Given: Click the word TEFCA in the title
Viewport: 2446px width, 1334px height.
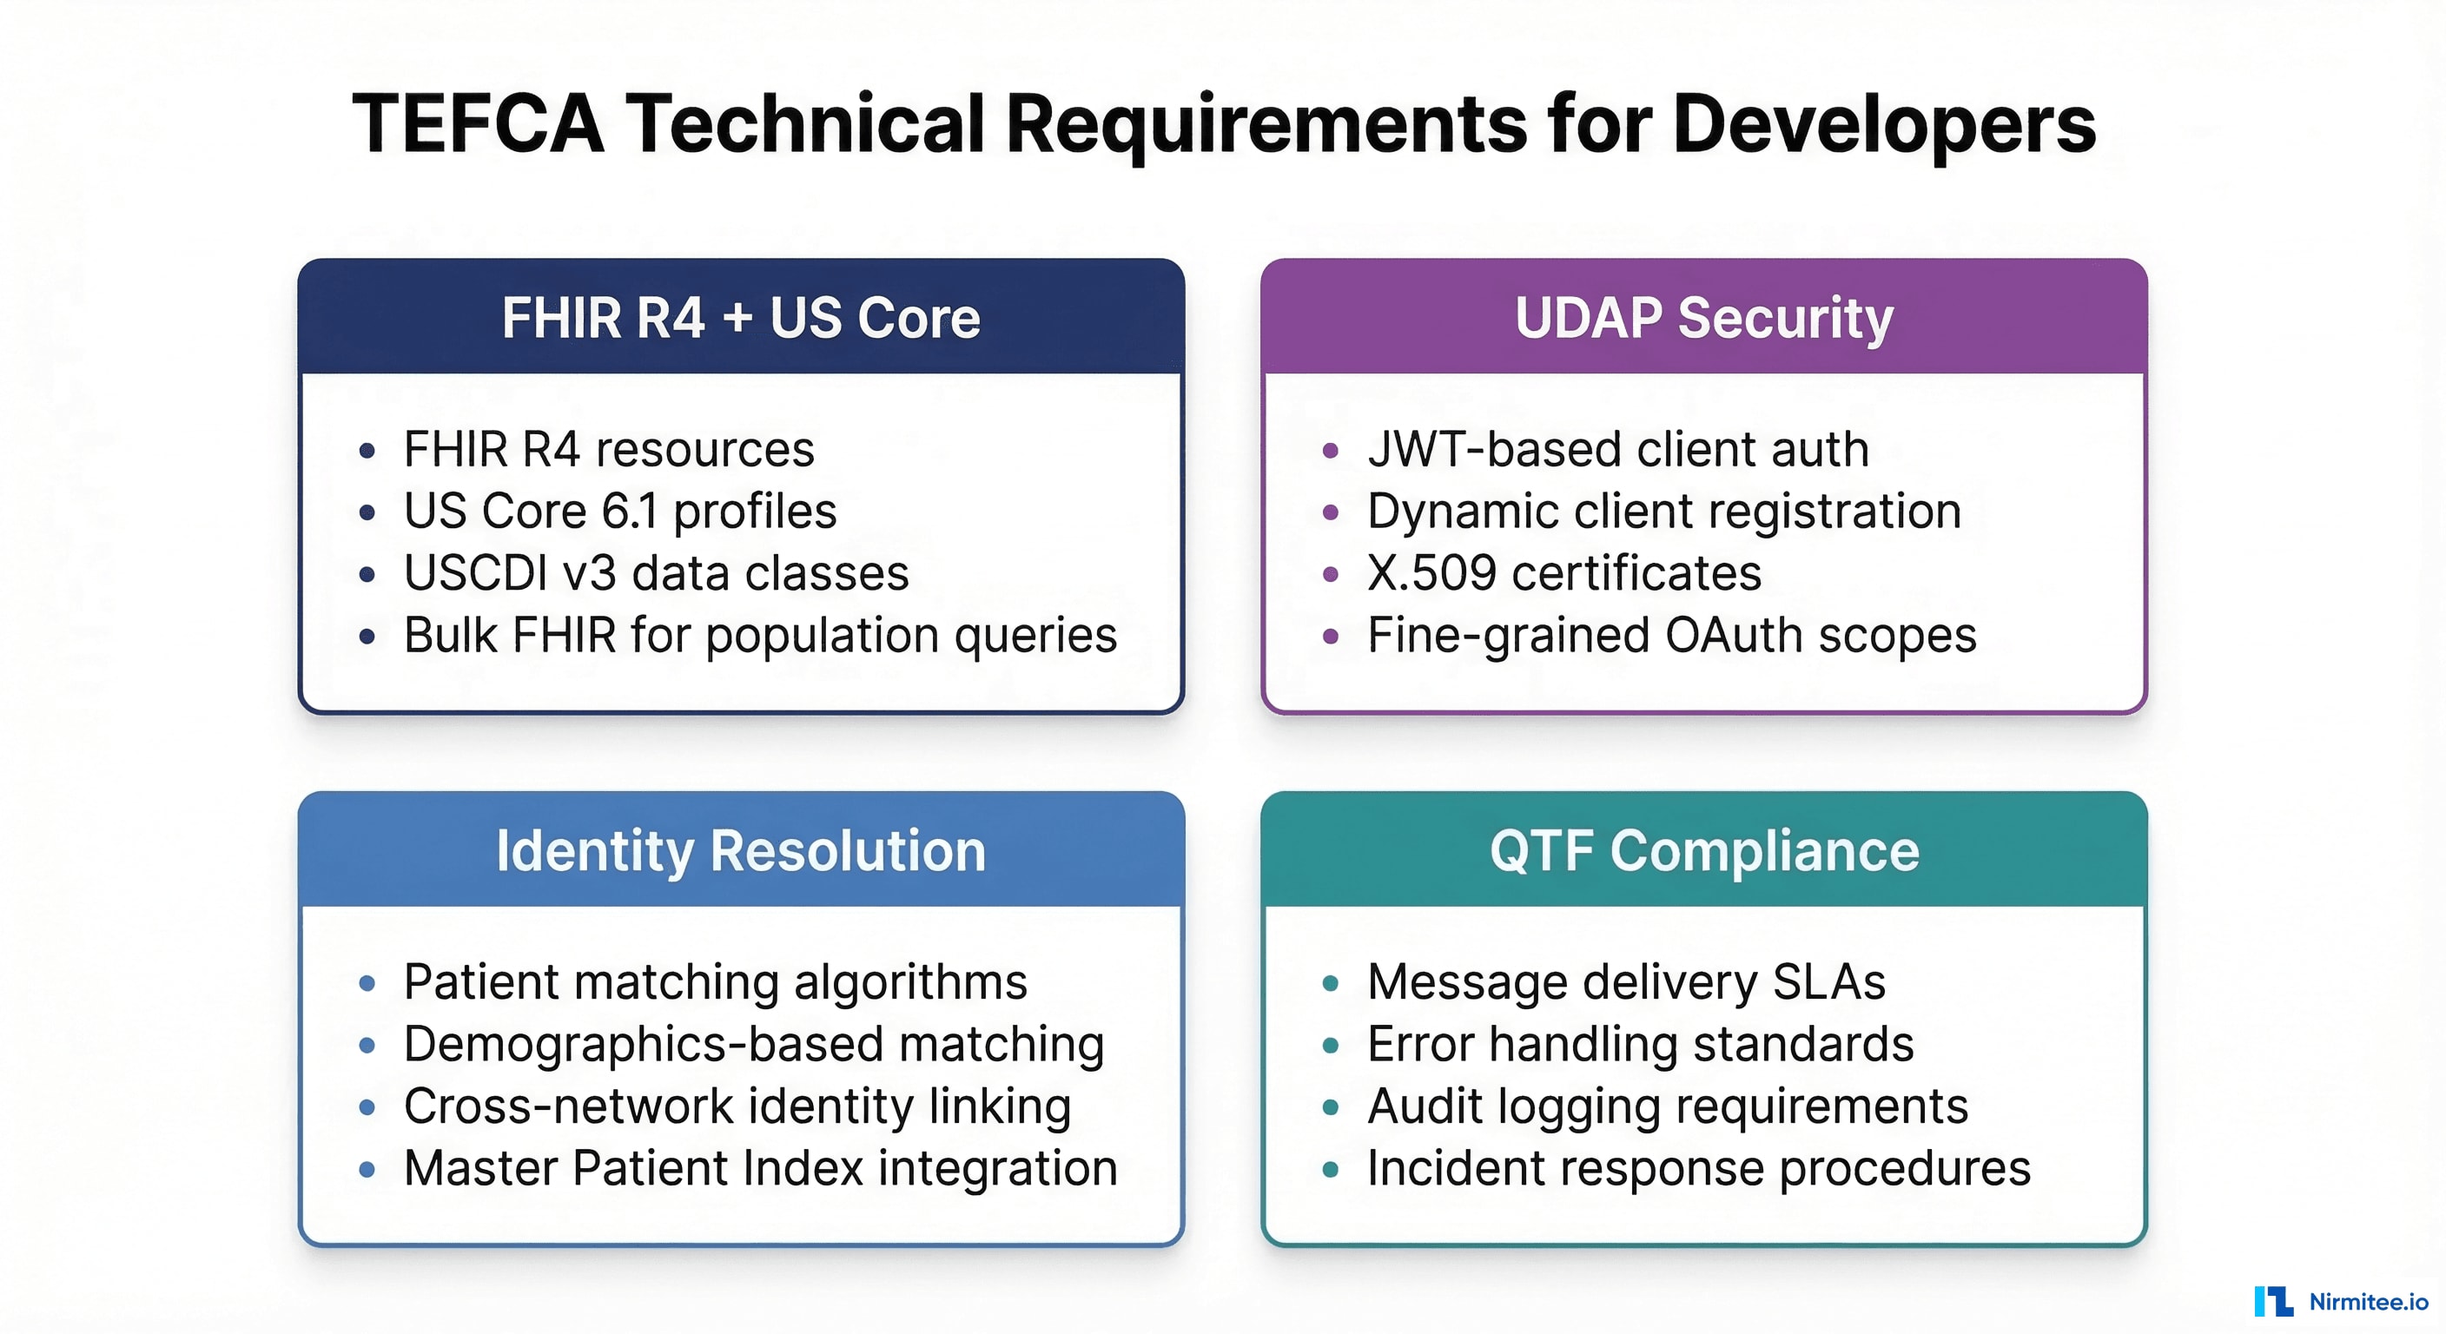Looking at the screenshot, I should (x=478, y=124).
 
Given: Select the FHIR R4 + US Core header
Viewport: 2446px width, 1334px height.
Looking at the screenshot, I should (x=741, y=317).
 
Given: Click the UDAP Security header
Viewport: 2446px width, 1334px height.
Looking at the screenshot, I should (x=1703, y=317).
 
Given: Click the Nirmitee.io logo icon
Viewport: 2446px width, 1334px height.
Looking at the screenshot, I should (x=2273, y=1301).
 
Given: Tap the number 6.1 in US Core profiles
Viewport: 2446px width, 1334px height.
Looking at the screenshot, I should (x=630, y=512).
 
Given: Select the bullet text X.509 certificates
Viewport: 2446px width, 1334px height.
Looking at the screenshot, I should (x=1563, y=573).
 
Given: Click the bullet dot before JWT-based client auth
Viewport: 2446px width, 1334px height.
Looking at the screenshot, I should (x=1331, y=451).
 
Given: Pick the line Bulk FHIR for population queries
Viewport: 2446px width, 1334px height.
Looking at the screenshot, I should (x=760, y=635).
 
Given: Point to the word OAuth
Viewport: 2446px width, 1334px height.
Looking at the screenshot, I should (x=1733, y=635).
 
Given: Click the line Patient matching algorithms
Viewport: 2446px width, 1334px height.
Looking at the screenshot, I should (x=715, y=981).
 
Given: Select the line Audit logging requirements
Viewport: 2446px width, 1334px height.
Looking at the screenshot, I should (x=1668, y=1106).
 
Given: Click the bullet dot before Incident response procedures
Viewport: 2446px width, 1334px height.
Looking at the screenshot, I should (x=1331, y=1170).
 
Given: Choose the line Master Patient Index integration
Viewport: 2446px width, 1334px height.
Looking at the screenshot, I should (x=760, y=1168).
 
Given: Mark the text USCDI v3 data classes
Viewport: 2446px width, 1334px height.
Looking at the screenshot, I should (x=656, y=573).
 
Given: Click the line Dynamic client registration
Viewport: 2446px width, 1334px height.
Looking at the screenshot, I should (x=1663, y=512).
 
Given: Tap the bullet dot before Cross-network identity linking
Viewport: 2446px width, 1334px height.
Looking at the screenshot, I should (x=367, y=1107).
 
